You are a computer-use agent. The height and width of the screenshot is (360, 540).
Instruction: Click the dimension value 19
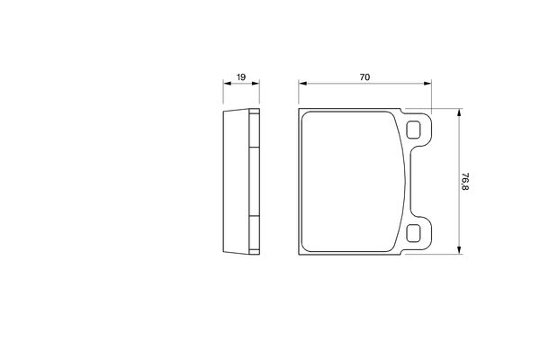(241, 77)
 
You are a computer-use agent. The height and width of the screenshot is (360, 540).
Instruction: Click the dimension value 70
(364, 77)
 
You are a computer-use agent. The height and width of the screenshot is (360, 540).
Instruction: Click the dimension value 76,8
(465, 181)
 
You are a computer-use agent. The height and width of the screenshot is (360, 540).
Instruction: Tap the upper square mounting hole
(413, 130)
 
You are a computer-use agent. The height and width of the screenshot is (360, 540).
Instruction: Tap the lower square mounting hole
(413, 233)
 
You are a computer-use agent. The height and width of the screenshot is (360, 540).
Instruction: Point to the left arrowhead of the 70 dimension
(302, 83)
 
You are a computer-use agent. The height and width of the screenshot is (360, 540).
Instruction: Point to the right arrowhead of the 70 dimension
(427, 83)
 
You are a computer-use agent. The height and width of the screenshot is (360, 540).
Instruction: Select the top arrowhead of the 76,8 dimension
(459, 112)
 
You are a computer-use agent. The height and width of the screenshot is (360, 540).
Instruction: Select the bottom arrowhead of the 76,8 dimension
(459, 250)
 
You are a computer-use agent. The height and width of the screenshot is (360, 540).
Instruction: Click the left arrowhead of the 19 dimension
(227, 83)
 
